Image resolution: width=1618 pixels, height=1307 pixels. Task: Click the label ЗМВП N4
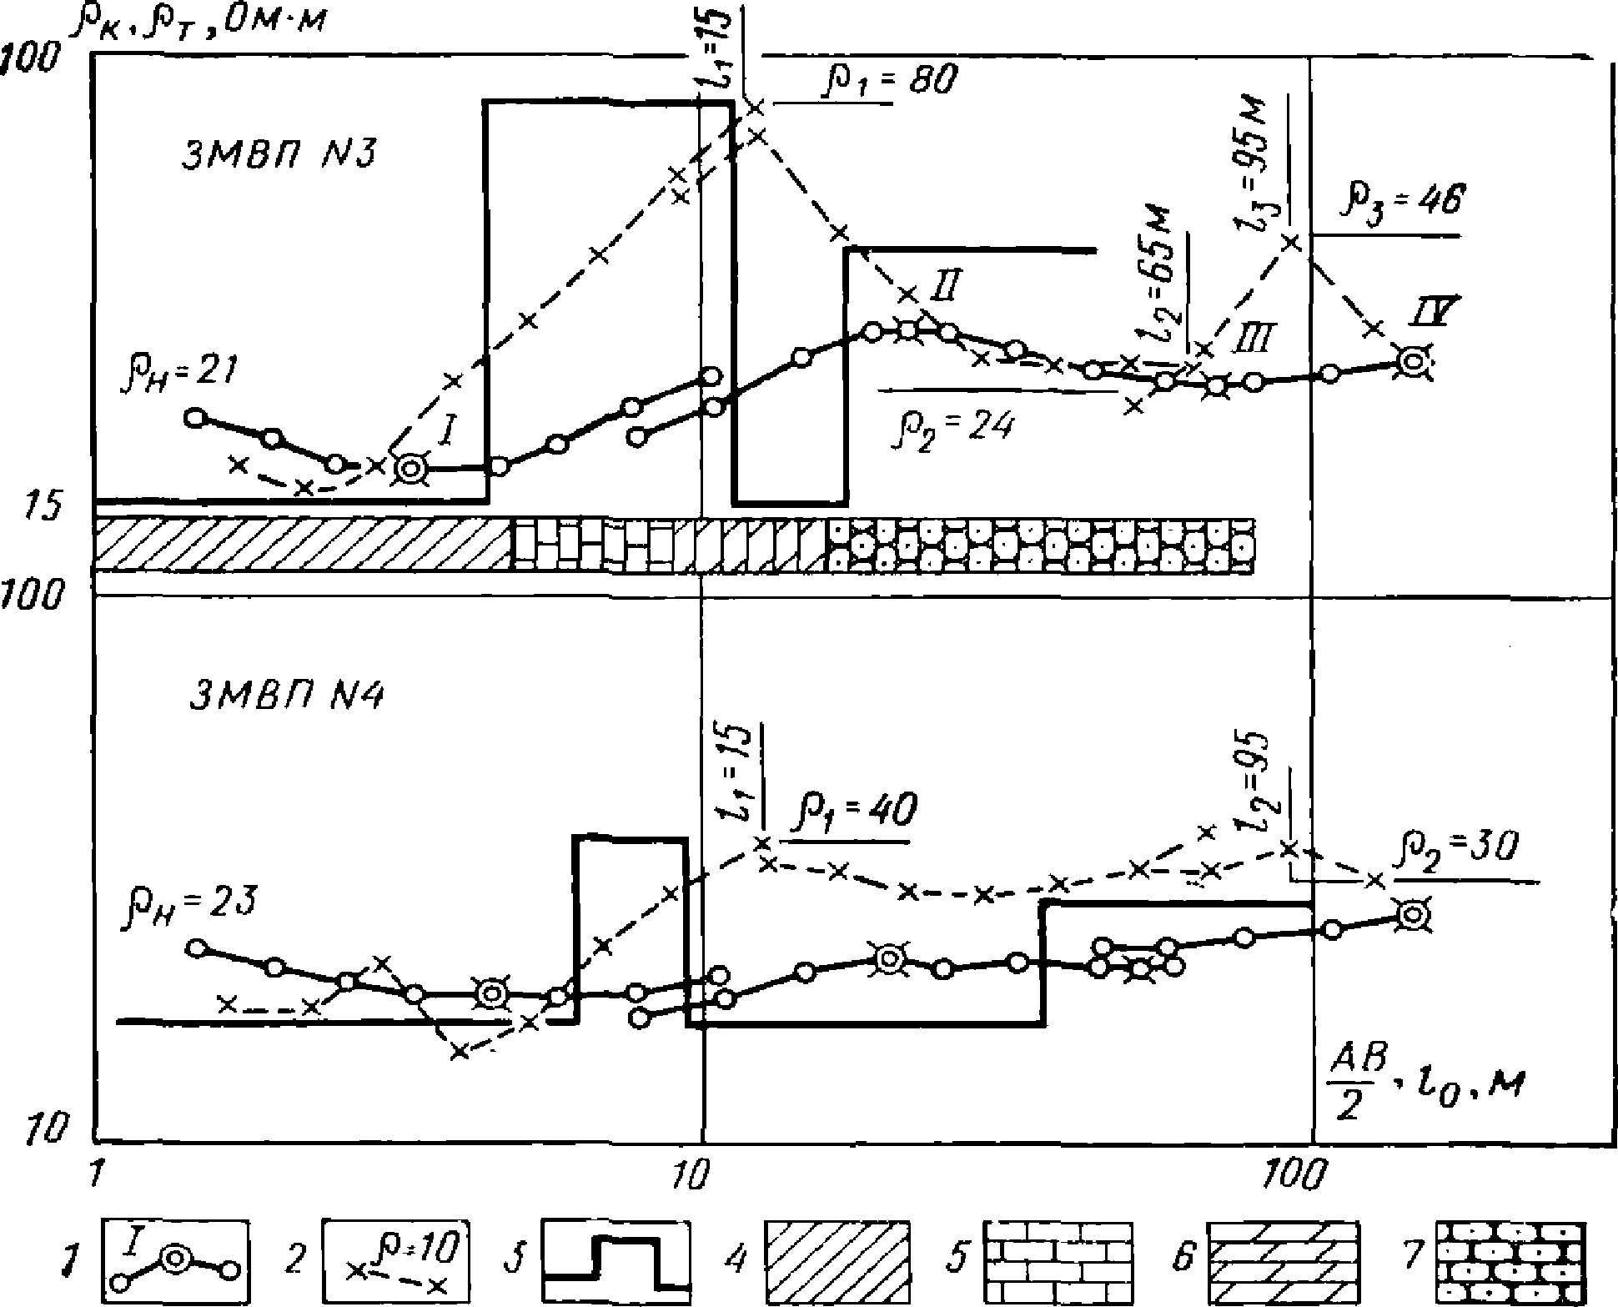tap(285, 696)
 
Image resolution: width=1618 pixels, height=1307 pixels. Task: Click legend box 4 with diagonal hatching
tap(837, 1259)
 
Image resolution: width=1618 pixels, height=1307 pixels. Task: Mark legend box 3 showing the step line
tap(616, 1259)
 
